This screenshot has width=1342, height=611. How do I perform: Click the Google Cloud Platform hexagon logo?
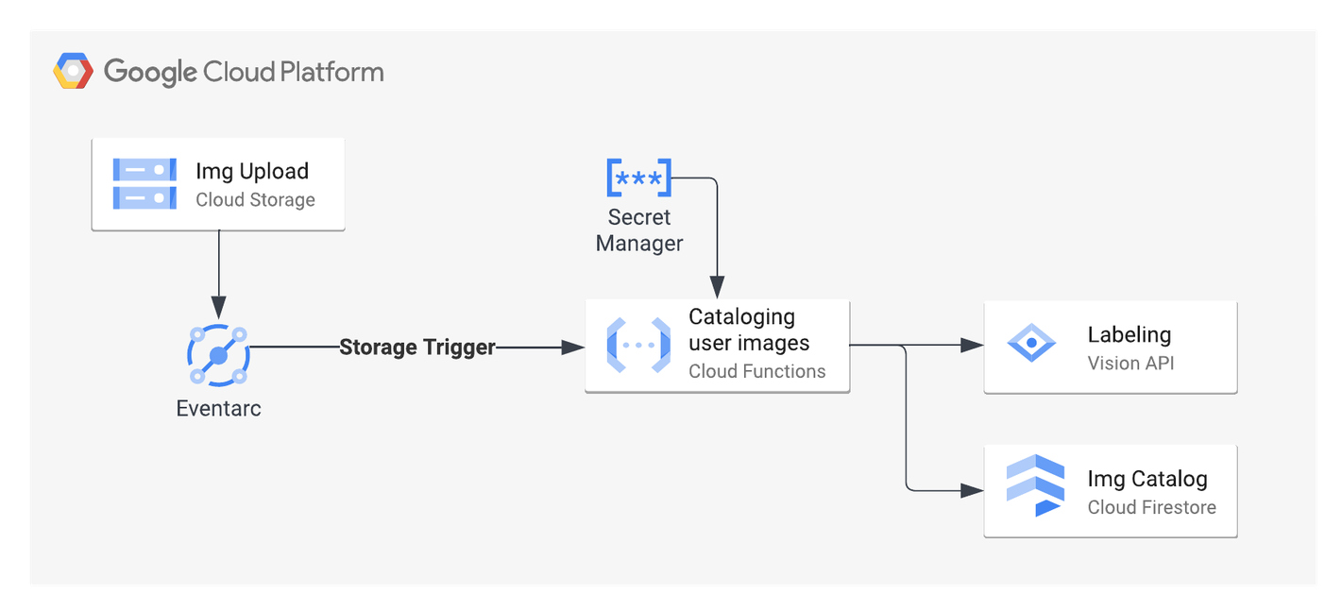pos(73,72)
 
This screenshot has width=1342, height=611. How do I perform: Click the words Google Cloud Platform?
pos(244,72)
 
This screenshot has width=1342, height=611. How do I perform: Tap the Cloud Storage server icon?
pos(144,183)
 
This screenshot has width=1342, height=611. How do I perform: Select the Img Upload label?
pos(252,171)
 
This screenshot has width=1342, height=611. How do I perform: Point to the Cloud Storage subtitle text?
pos(255,200)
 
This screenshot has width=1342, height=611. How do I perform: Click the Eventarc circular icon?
pos(218,355)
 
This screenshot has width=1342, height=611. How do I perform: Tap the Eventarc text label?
pos(218,409)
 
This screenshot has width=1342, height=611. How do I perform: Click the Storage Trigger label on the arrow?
pos(417,348)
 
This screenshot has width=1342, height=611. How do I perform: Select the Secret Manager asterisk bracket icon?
pos(638,178)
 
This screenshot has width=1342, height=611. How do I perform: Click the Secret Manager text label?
pos(639,230)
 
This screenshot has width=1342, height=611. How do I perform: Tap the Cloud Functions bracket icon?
pos(638,345)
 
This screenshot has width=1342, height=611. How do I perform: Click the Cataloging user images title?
pos(749,330)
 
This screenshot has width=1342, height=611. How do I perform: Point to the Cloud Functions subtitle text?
pos(756,372)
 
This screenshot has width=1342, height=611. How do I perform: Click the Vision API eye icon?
pos(1032,343)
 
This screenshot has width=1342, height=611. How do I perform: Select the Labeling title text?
pos(1129,334)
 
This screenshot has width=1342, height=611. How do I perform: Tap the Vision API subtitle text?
pos(1130,364)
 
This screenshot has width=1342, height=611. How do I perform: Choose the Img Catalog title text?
pos(1147,479)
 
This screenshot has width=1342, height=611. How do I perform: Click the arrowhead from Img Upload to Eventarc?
pos(218,308)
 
